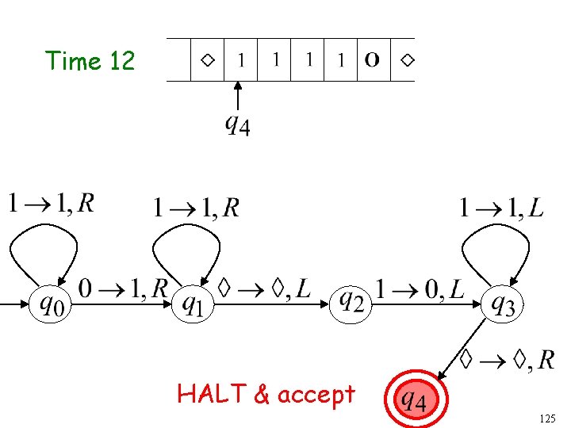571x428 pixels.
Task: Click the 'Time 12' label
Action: coord(90,60)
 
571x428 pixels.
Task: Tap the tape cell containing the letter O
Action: coord(372,59)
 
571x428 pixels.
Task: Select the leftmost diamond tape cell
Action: coord(207,59)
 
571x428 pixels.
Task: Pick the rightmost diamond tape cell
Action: coord(405,59)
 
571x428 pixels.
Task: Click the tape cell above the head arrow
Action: coord(240,59)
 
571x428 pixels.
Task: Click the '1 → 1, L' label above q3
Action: coord(501,208)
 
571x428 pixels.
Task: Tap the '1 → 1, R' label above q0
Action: coord(51,204)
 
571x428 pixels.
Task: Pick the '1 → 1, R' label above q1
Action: coord(195,208)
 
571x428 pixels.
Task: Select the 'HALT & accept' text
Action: coord(266,393)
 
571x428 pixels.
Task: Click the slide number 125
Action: coord(547,417)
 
